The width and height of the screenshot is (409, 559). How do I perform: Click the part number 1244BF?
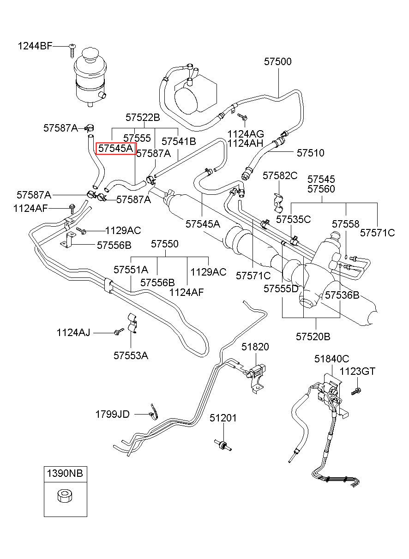[35, 46]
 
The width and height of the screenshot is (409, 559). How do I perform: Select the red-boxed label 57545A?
[116, 149]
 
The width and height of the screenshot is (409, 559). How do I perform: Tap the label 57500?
[278, 61]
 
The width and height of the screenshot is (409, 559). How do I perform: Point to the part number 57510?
[310, 153]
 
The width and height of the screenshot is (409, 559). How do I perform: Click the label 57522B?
[143, 117]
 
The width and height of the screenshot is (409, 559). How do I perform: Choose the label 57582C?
[280, 176]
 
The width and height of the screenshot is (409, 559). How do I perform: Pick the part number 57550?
[165, 244]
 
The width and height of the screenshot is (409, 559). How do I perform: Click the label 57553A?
[131, 355]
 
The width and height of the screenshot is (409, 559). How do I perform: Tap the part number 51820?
[255, 347]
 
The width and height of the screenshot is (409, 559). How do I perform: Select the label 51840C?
[331, 359]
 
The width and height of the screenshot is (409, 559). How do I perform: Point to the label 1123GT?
[357, 371]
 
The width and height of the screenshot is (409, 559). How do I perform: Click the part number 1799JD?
[113, 414]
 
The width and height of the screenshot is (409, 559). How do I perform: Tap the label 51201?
[223, 418]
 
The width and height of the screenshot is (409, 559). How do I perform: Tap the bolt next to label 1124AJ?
[119, 331]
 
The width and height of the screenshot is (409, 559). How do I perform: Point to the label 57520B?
[313, 337]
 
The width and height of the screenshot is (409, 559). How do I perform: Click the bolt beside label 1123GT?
[356, 391]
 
